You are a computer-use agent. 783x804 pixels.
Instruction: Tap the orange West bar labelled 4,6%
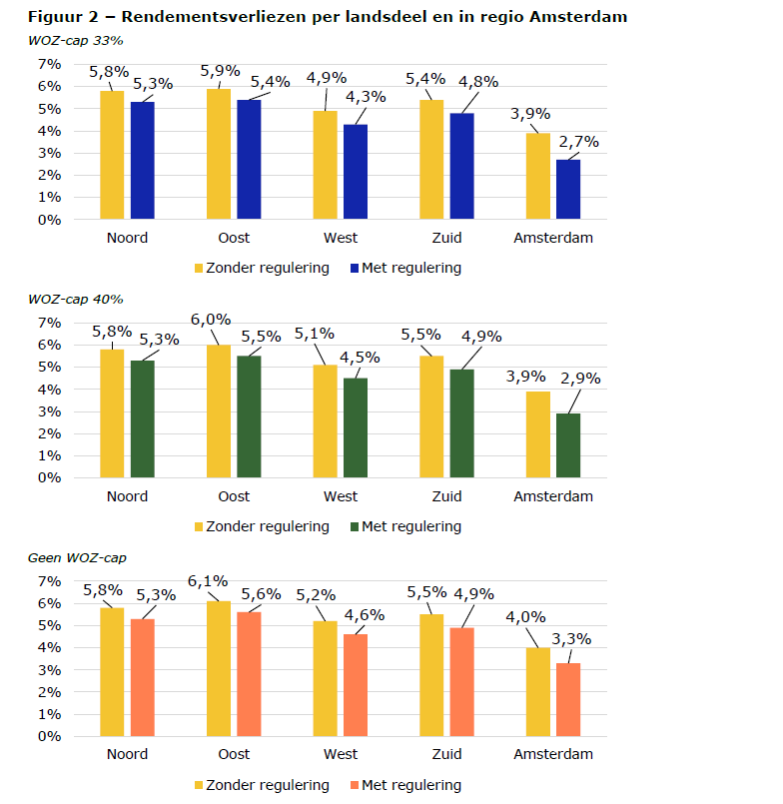point(355,685)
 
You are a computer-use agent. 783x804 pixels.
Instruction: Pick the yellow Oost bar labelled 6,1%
point(219,668)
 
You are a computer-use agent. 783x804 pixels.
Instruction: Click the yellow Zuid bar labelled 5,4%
point(431,160)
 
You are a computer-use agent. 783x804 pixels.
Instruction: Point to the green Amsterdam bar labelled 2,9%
point(567,445)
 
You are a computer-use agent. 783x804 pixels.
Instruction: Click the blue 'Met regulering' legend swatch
point(354,268)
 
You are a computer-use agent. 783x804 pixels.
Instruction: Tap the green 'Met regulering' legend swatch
point(354,526)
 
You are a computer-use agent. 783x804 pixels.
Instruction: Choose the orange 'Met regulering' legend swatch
point(354,785)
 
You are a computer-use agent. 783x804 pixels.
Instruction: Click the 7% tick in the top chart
point(49,64)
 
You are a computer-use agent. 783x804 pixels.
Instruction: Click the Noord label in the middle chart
point(127,496)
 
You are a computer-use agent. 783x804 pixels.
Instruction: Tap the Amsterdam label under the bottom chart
point(553,755)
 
